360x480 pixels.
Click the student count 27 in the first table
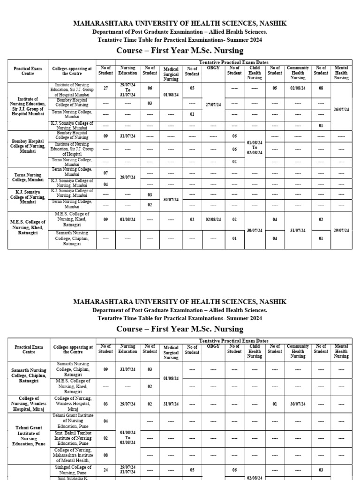[x=105, y=88]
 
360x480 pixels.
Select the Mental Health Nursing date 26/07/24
[x=341, y=109]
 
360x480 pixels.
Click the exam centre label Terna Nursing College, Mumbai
[x=28, y=177]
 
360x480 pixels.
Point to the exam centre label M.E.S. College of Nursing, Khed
[x=28, y=225]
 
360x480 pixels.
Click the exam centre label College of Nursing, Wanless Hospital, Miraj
[x=28, y=404]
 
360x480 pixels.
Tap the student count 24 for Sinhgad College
[x=105, y=470]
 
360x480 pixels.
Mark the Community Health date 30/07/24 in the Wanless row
[x=298, y=404]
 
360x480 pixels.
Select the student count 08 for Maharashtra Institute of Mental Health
[x=105, y=455]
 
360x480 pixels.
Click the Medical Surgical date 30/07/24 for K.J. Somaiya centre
[x=171, y=200]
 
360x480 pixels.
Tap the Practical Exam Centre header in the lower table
[x=28, y=350]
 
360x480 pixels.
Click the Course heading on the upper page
[x=180, y=51]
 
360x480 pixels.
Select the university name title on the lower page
[x=180, y=301]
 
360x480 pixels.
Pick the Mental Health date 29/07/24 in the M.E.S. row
[x=341, y=230]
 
